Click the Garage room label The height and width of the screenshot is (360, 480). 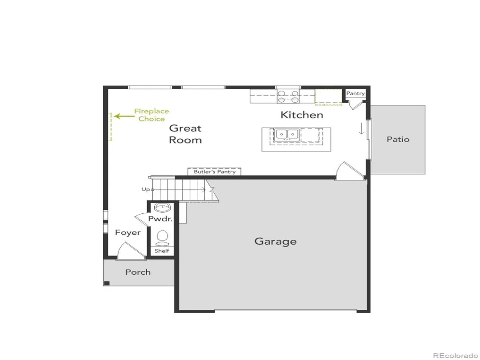[x=276, y=241]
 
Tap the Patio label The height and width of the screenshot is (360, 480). [x=398, y=139]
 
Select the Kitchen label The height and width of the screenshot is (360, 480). [x=302, y=115]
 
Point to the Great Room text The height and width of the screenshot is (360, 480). [x=185, y=134]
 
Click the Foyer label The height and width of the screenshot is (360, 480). [x=128, y=232]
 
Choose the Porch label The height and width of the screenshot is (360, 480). [x=138, y=272]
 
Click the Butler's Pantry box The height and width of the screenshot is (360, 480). [x=214, y=172]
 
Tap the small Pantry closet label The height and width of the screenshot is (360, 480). [x=355, y=93]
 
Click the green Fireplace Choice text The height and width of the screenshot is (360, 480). [x=151, y=115]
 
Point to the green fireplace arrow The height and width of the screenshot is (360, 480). [x=124, y=116]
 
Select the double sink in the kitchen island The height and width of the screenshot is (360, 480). [x=287, y=134]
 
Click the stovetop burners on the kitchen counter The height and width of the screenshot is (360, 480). [x=288, y=97]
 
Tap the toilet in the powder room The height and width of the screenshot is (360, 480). [x=162, y=238]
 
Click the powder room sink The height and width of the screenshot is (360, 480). [x=162, y=208]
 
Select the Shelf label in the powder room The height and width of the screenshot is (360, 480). [x=162, y=251]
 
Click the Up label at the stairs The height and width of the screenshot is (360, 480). [x=146, y=189]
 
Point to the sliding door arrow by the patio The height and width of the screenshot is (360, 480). [x=361, y=128]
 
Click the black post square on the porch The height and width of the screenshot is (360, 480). [x=107, y=283]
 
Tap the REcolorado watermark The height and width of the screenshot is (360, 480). [x=455, y=355]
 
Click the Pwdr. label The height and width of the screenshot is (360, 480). [x=160, y=219]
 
